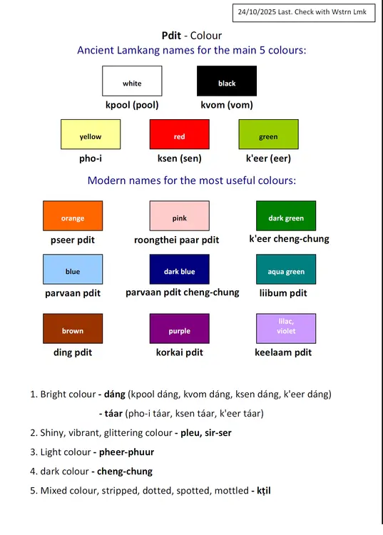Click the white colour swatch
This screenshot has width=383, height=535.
pos(132,81)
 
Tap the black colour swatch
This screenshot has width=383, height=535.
pos(227,81)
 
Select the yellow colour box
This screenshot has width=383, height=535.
pos(91,134)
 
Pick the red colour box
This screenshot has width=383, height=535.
pos(180,134)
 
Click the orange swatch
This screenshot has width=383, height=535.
pos(73,215)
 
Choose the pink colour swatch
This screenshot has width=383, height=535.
pos(180,215)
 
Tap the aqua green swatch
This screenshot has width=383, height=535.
pos(286,269)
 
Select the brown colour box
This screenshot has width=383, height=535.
pos(73,329)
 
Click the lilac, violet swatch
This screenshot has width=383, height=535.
pos(286,329)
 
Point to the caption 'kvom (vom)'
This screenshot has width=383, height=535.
pos(227,105)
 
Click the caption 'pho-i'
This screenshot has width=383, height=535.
pos(91,158)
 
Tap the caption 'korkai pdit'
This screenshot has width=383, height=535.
pos(180,352)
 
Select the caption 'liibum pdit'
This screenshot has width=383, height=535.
pos(283,293)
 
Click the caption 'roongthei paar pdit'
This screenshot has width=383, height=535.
pos(177,240)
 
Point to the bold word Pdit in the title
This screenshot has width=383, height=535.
pos(172,36)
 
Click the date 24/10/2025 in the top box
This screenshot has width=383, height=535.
pos(257,12)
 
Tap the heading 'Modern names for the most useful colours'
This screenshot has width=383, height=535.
pos(192,180)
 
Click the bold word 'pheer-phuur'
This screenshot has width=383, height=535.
pos(126,452)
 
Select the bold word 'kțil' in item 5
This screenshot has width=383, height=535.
pos(264,491)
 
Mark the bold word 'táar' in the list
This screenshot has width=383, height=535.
pos(113,414)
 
